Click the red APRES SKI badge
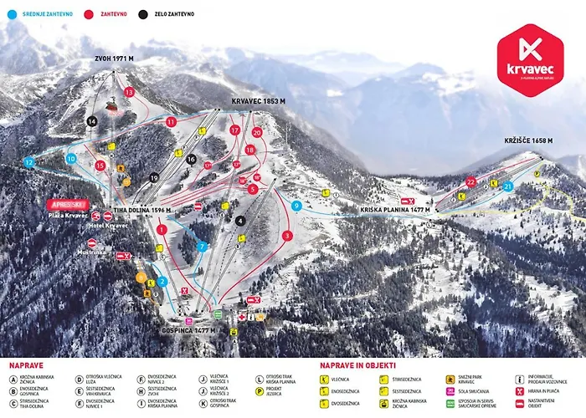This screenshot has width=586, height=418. click(x=67, y=203)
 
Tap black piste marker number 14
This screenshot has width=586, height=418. click(x=92, y=121)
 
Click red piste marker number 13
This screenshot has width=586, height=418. click(x=128, y=91)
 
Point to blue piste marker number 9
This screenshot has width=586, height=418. click(x=296, y=205)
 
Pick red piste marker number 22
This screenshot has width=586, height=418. click(x=471, y=181)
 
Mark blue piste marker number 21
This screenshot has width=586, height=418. click(x=507, y=187)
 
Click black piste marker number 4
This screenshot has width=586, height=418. click(x=240, y=221)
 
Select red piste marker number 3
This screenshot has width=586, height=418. click(x=287, y=236)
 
